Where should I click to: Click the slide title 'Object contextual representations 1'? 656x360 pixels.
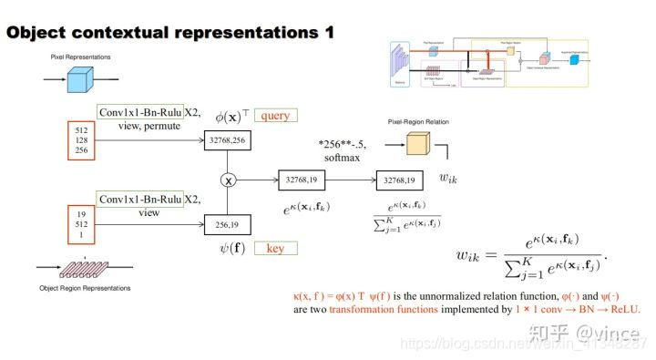click(x=170, y=32)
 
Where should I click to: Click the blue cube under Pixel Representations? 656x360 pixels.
click(x=81, y=80)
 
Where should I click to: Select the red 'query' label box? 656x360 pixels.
click(x=275, y=117)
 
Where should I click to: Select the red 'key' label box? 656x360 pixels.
click(x=274, y=248)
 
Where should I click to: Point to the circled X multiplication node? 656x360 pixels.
click(x=229, y=180)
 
